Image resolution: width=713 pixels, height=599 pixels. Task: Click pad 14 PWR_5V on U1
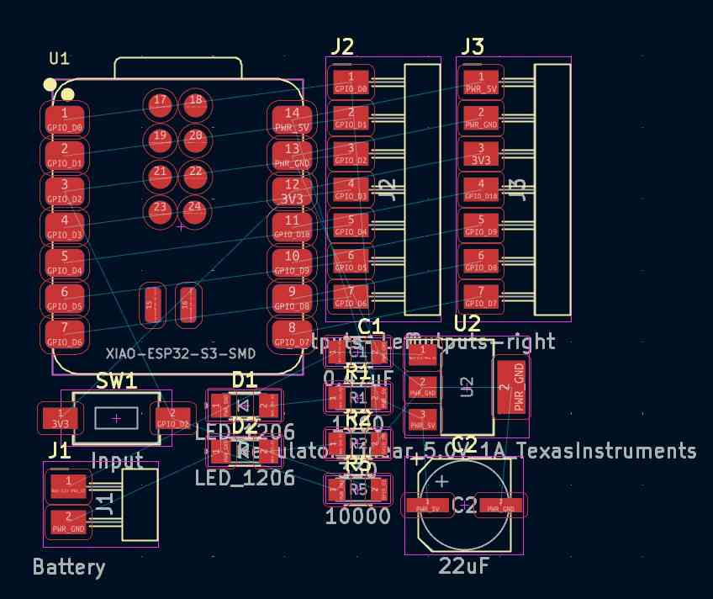coord(292,118)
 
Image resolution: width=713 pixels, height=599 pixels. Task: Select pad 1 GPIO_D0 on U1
coord(65,119)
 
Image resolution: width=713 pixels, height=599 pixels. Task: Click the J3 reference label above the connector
coord(473,46)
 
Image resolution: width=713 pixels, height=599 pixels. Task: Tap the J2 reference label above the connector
coord(341,46)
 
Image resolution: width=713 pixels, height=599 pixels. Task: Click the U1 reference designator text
coord(59,58)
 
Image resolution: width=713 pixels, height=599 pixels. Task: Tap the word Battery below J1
coord(69,567)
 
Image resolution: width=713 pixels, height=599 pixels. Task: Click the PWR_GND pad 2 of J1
coord(68,522)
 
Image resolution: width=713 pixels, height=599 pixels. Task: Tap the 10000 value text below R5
coord(357,517)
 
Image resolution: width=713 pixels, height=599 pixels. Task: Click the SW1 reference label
coord(116,381)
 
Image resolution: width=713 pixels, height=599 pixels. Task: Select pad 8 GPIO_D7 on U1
coord(292,334)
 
